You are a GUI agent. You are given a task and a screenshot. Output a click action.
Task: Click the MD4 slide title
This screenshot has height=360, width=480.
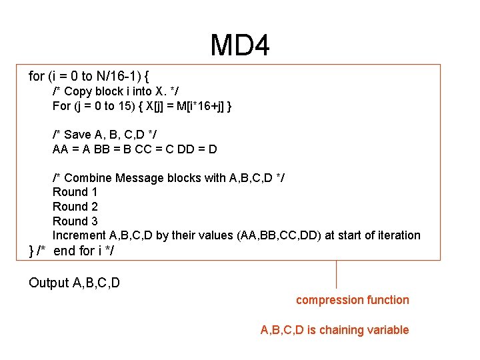click(240, 46)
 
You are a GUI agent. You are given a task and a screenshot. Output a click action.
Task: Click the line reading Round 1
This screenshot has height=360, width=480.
click(75, 192)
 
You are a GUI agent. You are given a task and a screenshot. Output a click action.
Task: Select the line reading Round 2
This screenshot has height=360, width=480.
click(75, 207)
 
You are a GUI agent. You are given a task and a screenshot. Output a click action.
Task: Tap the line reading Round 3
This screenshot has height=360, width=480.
click(75, 221)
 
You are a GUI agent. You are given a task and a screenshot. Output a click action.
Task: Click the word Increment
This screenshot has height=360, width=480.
click(79, 235)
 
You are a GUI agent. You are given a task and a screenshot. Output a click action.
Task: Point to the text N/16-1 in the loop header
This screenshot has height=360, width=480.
click(117, 76)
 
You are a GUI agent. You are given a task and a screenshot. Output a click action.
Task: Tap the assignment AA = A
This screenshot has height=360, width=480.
click(71, 149)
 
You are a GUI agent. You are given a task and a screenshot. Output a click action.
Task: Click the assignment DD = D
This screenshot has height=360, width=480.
click(198, 149)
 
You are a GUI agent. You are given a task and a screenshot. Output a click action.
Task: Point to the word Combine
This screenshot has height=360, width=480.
click(88, 178)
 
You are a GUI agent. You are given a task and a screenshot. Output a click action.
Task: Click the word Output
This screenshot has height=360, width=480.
click(49, 283)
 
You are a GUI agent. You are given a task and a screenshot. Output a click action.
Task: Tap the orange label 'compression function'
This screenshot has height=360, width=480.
click(353, 300)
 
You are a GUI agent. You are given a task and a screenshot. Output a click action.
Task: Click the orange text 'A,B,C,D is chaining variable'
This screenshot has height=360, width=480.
click(334, 330)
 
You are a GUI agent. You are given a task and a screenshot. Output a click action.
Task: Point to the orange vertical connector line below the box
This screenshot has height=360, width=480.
click(336, 273)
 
